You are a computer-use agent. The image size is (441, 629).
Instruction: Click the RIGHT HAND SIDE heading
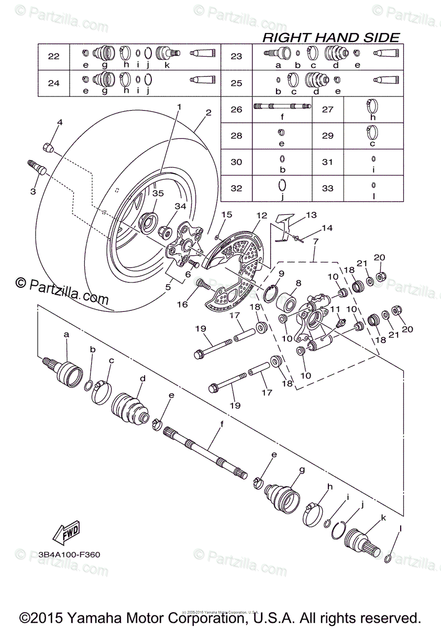(x=330, y=37)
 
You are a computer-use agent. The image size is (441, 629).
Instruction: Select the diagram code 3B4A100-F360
(x=69, y=554)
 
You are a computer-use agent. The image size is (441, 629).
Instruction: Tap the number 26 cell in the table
(x=237, y=110)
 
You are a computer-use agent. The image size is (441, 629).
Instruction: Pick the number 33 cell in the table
(x=327, y=188)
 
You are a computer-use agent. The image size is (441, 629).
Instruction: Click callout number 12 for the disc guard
(x=262, y=215)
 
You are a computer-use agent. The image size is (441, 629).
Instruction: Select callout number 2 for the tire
(x=208, y=113)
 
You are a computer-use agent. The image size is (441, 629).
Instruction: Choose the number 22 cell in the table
(x=54, y=57)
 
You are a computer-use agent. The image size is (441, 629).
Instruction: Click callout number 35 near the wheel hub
(x=158, y=193)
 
